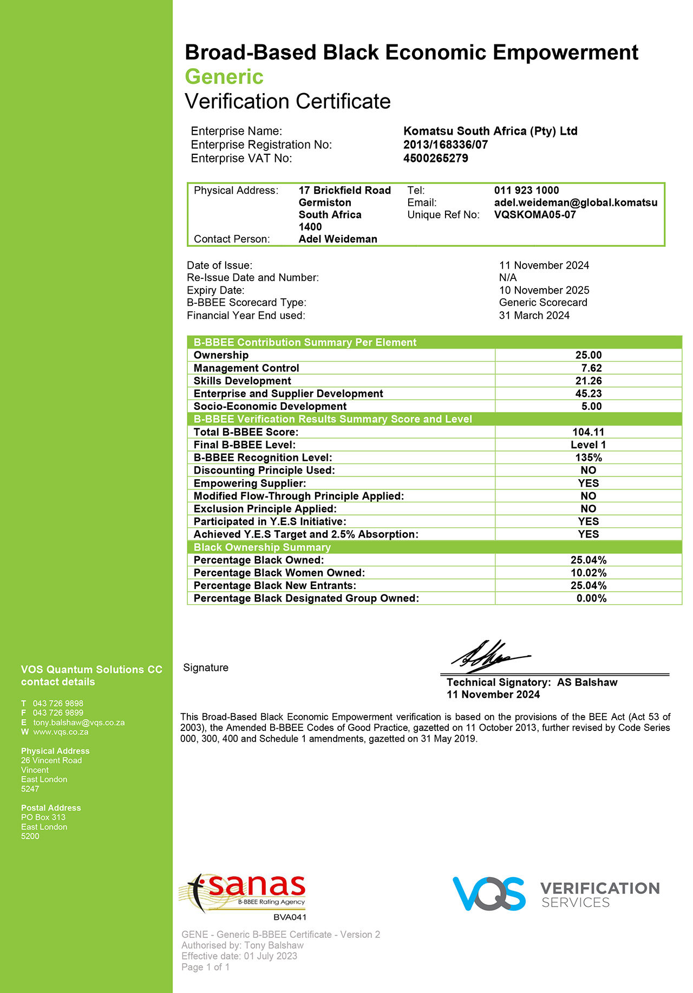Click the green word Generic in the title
[x=224, y=77]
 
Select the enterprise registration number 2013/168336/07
[x=445, y=145]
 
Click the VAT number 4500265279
[x=435, y=158]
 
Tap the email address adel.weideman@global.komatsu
[x=575, y=202]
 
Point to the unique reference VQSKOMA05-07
[x=534, y=214]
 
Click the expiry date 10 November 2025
[x=544, y=290]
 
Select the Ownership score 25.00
[x=588, y=355]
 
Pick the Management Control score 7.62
[x=591, y=368]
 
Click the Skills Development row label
[x=242, y=381]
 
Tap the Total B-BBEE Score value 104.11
[x=588, y=432]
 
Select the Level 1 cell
[x=588, y=445]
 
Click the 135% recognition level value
[x=588, y=458]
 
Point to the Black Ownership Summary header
[x=262, y=547]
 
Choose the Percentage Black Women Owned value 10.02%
[x=588, y=573]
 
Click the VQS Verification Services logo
[x=555, y=894]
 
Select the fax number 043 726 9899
[x=58, y=713]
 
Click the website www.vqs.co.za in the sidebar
[x=61, y=731]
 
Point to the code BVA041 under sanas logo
[x=290, y=917]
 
